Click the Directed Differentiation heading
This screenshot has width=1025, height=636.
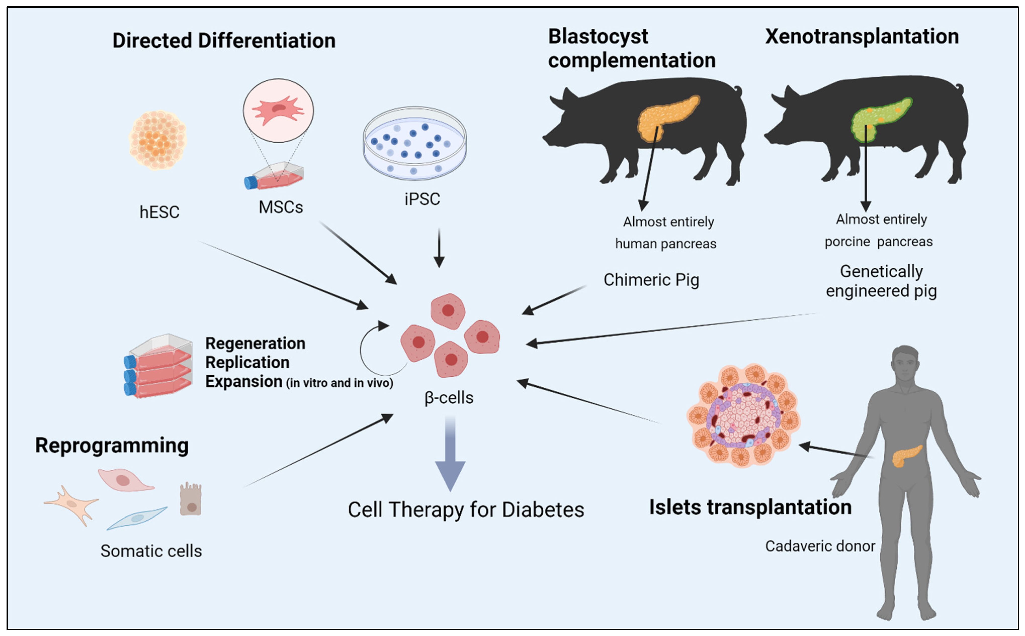tap(224, 41)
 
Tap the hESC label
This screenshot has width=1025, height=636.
tap(159, 212)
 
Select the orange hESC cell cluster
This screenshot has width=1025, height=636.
tap(157, 140)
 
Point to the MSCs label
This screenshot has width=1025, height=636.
tap(281, 207)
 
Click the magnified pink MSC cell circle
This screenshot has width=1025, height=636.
tap(278, 110)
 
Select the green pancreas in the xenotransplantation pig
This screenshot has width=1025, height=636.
tap(879, 120)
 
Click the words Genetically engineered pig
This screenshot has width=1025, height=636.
tap(881, 281)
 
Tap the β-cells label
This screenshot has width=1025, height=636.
tap(449, 398)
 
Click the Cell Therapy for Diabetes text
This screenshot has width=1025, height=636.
tap(466, 510)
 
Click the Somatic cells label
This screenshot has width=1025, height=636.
tap(151, 551)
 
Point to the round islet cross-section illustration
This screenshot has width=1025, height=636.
tap(743, 416)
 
